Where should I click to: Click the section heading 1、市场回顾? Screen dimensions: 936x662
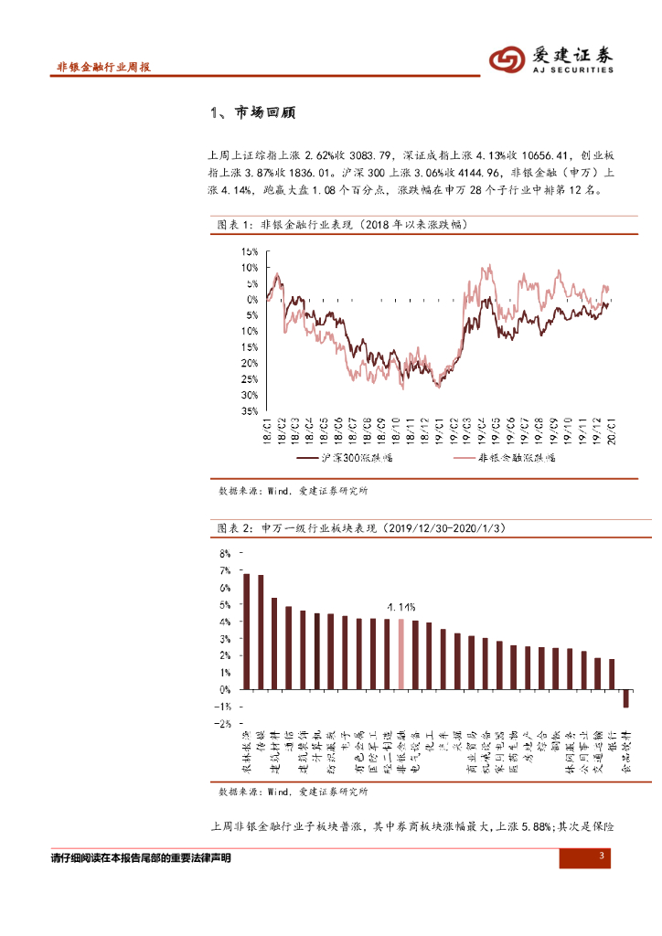(252, 113)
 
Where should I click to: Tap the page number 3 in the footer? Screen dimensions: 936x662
(602, 856)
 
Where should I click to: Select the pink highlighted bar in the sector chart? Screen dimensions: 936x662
(400, 654)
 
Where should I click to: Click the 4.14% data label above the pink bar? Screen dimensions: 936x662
(400, 606)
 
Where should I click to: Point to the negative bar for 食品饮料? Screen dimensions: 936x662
(625, 698)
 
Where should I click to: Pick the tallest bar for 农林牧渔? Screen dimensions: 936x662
(246, 631)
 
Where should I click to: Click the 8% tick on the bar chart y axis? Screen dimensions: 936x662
(225, 554)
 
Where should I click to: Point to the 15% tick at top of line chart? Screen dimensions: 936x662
(250, 251)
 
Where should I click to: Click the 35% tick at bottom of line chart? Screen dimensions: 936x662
(250, 411)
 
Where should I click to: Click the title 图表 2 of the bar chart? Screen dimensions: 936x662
(360, 529)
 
